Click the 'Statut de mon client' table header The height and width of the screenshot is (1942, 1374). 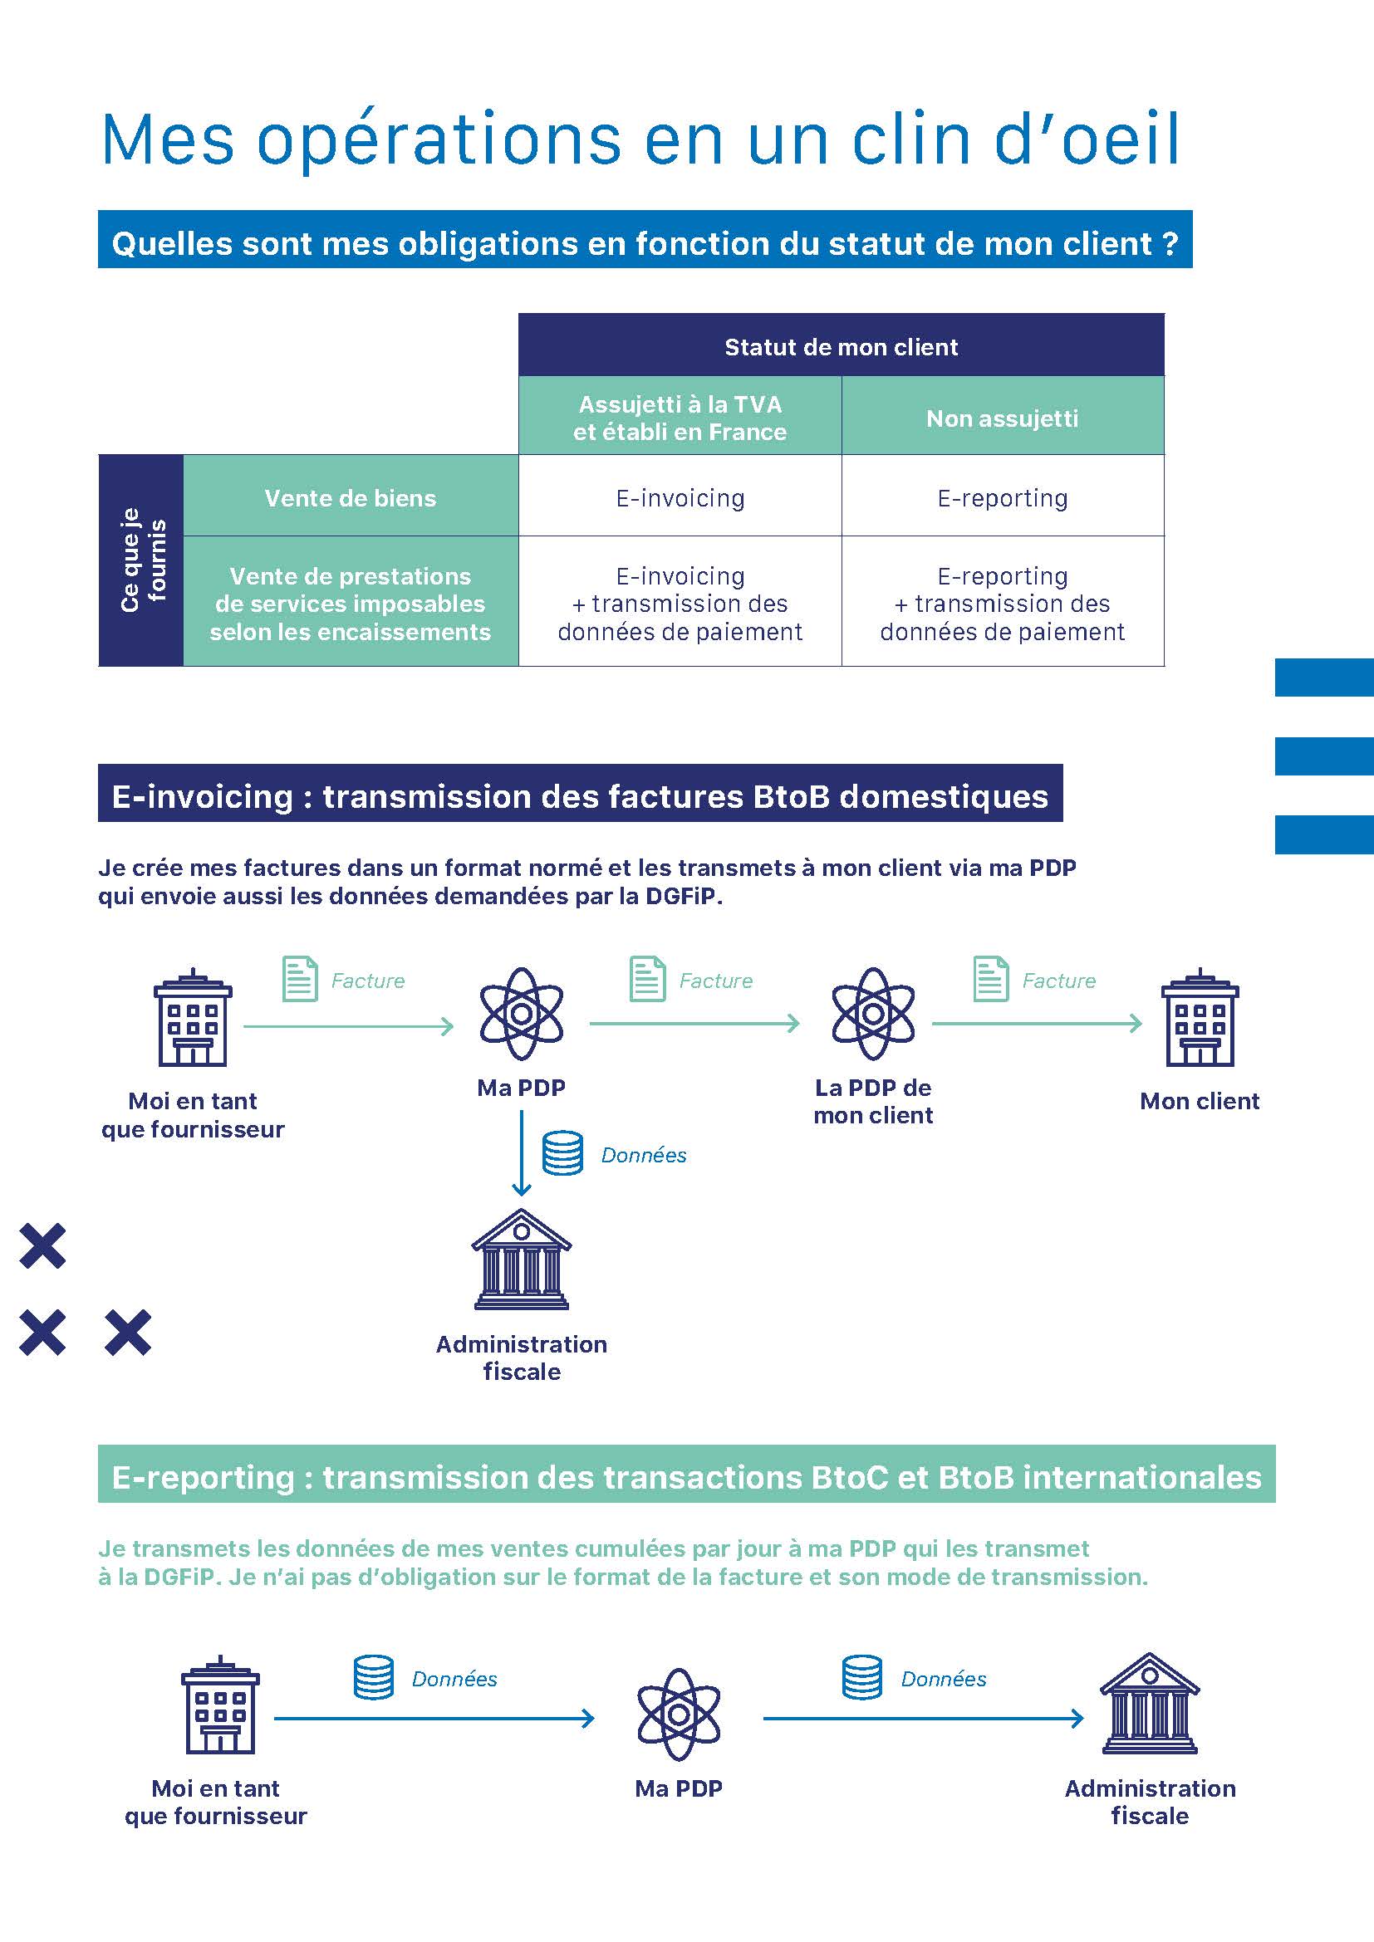[x=841, y=347]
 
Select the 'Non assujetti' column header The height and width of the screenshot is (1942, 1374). [x=1003, y=418]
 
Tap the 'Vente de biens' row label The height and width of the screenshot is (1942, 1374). [x=351, y=498]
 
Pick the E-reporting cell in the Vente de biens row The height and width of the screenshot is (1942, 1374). [x=1003, y=498]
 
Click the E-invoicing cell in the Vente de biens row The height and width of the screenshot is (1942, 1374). [x=680, y=498]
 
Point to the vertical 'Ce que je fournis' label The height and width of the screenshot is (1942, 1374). [x=142, y=560]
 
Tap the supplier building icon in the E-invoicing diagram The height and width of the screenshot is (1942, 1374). [x=193, y=1018]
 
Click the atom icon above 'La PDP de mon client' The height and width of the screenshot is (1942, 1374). [x=873, y=1013]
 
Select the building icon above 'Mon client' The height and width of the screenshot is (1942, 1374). [x=1200, y=1018]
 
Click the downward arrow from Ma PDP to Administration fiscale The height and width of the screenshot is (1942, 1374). [x=522, y=1152]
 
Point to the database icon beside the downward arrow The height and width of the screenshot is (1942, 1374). [x=562, y=1153]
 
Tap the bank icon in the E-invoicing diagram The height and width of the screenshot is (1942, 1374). [x=521, y=1260]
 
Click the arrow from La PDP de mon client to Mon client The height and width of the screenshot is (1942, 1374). [x=1038, y=1024]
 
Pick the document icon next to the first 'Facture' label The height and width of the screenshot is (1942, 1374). [x=300, y=979]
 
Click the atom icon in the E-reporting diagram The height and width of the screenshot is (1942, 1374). [x=679, y=1715]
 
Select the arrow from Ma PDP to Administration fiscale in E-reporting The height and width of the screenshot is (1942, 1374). [x=923, y=1718]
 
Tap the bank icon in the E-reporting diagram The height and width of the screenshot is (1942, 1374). [x=1150, y=1704]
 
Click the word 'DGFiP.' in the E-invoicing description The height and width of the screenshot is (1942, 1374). [x=684, y=896]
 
